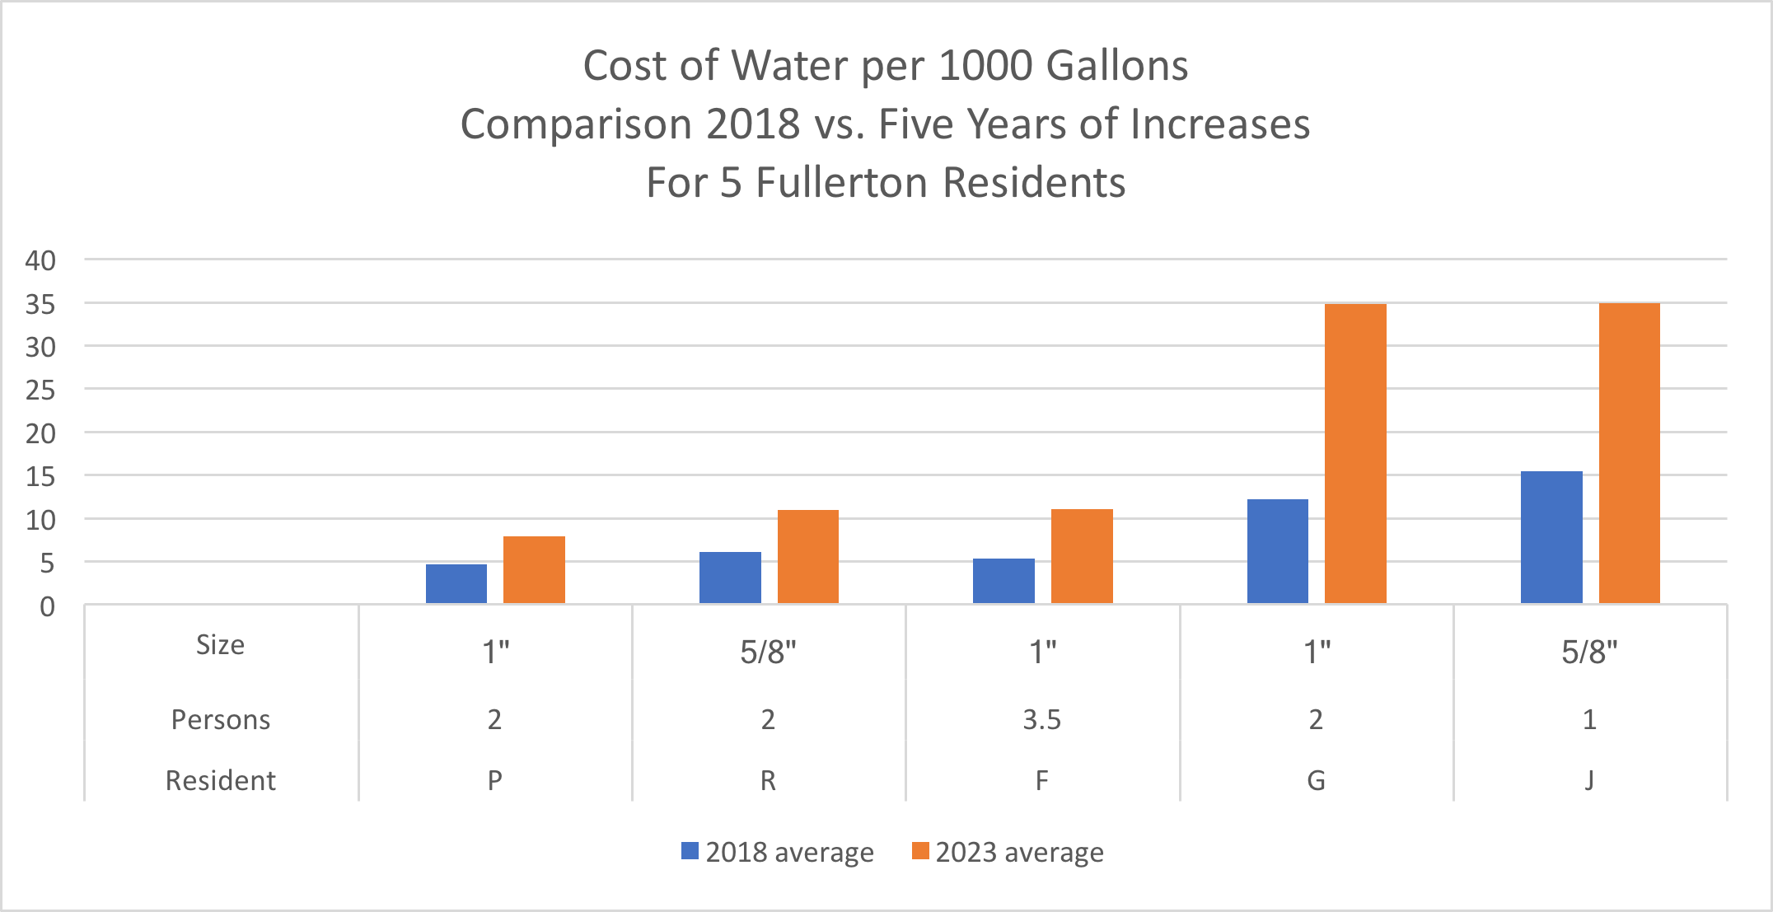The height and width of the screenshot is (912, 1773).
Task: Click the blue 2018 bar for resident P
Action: click(456, 584)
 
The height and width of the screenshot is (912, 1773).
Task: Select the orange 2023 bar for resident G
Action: click(1355, 454)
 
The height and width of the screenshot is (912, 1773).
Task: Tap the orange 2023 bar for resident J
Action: click(1629, 454)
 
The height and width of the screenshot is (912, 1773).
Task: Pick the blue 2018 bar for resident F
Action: click(1003, 582)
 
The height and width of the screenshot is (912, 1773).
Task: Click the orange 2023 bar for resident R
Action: click(808, 557)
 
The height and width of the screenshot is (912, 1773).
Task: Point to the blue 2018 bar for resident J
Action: click(1551, 537)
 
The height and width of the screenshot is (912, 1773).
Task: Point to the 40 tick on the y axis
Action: click(40, 261)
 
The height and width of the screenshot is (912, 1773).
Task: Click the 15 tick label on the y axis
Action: click(40, 477)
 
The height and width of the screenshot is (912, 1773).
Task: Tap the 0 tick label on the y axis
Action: click(48, 607)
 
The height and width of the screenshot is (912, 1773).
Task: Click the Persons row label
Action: click(221, 720)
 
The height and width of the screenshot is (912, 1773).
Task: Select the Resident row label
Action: click(221, 780)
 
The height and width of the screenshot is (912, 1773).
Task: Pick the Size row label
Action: click(221, 645)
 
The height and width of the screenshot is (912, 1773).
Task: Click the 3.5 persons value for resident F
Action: click(1042, 720)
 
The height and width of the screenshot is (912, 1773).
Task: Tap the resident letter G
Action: click(1316, 780)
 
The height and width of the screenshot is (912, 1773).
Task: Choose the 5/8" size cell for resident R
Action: click(768, 652)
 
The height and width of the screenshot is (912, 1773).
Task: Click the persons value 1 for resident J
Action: click(1589, 720)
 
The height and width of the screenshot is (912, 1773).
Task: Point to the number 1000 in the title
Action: click(985, 66)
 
